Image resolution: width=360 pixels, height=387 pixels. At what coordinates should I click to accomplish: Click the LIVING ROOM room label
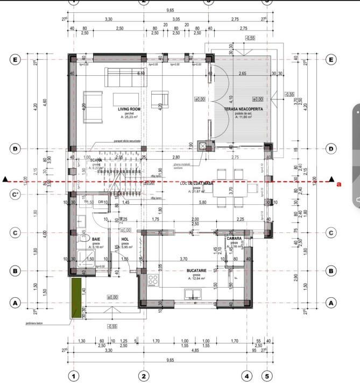coord(129,109)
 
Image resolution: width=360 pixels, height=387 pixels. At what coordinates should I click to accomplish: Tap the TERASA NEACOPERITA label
coord(243,109)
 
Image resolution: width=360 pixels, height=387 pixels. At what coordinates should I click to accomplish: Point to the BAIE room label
coord(96,239)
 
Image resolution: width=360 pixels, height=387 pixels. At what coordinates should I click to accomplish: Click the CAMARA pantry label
coord(235,238)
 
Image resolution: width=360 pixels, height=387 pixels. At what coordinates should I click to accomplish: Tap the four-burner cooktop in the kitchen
coord(153,279)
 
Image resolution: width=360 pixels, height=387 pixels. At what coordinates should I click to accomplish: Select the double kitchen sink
coord(192,293)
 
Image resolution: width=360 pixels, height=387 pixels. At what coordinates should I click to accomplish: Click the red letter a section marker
coord(338,184)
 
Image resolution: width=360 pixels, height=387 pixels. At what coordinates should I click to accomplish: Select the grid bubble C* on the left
coord(15,193)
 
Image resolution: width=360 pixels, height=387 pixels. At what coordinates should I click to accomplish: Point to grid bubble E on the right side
coord(331,60)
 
